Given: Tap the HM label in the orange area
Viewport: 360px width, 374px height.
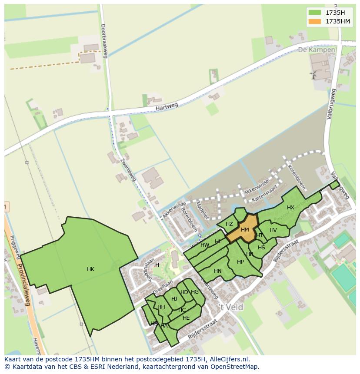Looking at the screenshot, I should coord(245,230).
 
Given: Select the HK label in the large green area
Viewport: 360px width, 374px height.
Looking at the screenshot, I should coord(90,269).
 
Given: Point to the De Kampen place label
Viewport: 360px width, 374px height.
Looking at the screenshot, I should coord(317,50).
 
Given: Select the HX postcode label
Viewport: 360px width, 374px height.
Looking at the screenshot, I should coord(290,208).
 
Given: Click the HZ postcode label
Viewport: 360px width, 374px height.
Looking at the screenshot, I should coord(229,224).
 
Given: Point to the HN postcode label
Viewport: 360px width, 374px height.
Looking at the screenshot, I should coord(218,271).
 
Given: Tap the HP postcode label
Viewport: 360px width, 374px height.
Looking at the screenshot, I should coord(240,262).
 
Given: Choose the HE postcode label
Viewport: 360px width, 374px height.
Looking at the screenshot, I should coord(186,318).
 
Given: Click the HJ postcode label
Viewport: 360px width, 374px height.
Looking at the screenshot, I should coord(174,298).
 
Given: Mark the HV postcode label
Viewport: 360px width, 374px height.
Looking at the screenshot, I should coord(273,230).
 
